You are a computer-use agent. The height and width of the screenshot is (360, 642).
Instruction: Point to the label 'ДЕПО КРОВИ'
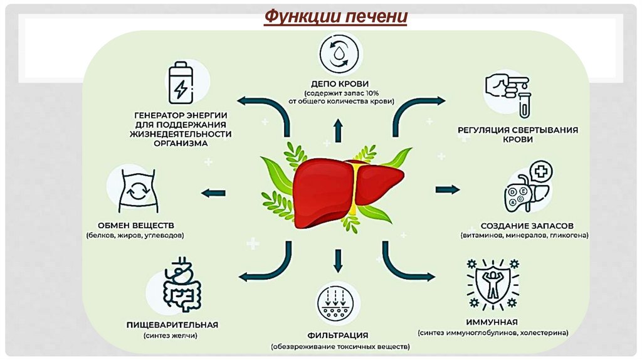pos(339,83)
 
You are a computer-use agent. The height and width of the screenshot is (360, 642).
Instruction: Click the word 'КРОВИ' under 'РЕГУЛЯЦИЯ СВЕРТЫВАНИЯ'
pos(517,140)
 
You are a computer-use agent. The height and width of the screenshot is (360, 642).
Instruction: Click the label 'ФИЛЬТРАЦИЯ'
pos(339,335)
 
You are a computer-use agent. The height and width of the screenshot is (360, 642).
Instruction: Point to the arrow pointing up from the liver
pos(339,130)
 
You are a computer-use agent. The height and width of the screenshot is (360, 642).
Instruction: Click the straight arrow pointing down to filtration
pos(339,259)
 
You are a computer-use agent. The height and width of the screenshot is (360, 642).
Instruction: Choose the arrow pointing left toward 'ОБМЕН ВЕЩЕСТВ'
pos(214,192)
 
